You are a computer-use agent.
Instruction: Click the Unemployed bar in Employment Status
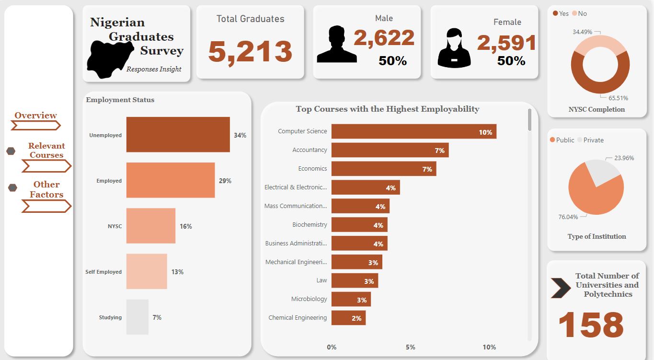pyautogui.click(x=178, y=135)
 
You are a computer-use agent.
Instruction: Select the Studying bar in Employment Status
pyautogui.click(x=138, y=317)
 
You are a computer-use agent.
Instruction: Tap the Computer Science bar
pyautogui.click(x=413, y=131)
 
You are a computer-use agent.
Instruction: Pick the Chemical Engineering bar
pyautogui.click(x=348, y=317)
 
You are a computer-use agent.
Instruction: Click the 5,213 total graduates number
pyautogui.click(x=250, y=52)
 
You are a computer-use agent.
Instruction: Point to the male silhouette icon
pyautogui.click(x=336, y=45)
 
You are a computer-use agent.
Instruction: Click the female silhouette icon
pyautogui.click(x=454, y=47)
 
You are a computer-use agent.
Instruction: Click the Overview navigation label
pyautogui.click(x=35, y=116)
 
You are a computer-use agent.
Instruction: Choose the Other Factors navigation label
pyautogui.click(x=46, y=189)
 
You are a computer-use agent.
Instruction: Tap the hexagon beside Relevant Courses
pyautogui.click(x=11, y=151)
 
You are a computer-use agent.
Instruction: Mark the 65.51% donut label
pyautogui.click(x=618, y=98)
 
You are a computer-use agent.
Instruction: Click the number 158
pyautogui.click(x=591, y=325)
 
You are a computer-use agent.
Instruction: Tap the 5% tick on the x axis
pyautogui.click(x=410, y=347)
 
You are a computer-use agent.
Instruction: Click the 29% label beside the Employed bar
pyautogui.click(x=225, y=181)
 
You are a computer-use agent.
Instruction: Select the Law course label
pyautogui.click(x=321, y=280)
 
